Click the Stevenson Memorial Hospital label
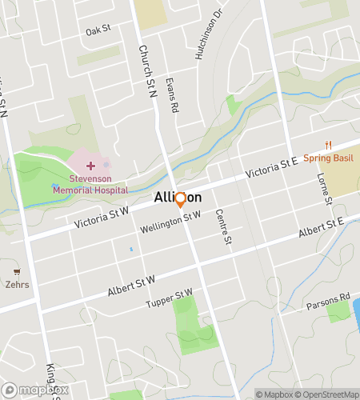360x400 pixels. coord(90,186)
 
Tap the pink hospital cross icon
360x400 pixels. coord(90,165)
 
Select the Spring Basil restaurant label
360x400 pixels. coord(329,158)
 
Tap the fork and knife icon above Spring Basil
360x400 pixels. coord(329,145)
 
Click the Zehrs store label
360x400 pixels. coord(17,284)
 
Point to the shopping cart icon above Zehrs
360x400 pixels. coord(17,272)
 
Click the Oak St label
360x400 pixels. coord(98,31)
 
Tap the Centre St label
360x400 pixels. coord(224,226)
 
